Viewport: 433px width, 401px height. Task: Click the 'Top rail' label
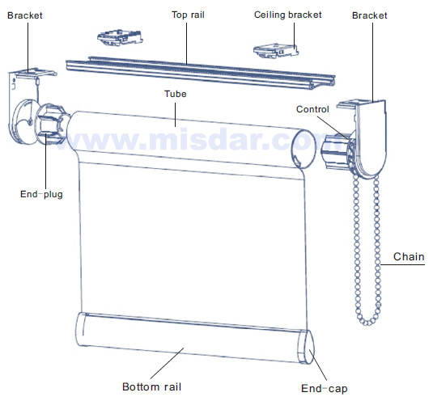pyautogui.click(x=188, y=15)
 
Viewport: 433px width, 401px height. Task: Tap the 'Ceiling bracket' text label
pyautogui.click(x=288, y=15)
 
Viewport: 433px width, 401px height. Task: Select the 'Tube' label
pyautogui.click(x=176, y=94)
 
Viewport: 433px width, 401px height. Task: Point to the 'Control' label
pyautogui.click(x=312, y=109)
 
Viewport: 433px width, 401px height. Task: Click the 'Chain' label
pyautogui.click(x=409, y=256)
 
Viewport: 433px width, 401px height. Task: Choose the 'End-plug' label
pyautogui.click(x=41, y=194)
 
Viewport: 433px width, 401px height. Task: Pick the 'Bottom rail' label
pyautogui.click(x=151, y=386)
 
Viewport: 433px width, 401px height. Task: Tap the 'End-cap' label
pyautogui.click(x=325, y=388)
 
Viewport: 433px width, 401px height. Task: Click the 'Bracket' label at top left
pyautogui.click(x=25, y=15)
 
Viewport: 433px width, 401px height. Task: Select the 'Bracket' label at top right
pyautogui.click(x=370, y=15)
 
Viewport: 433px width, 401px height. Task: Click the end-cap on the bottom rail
pyautogui.click(x=308, y=347)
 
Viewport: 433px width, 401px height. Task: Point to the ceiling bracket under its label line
pyautogui.click(x=276, y=51)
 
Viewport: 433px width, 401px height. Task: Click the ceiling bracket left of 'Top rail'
pyautogui.click(x=120, y=37)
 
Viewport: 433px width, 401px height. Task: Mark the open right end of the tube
pyautogui.click(x=304, y=149)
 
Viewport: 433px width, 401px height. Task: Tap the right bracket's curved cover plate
pyautogui.click(x=371, y=138)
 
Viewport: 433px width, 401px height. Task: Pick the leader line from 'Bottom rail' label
pyautogui.click(x=167, y=363)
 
